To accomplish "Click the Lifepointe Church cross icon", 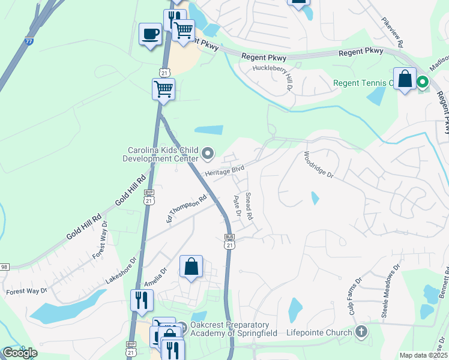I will [x=361, y=331].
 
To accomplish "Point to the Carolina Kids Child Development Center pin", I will [x=208, y=154].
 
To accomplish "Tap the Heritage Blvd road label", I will [x=225, y=172].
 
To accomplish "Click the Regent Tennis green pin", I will [x=423, y=83].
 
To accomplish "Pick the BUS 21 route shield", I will [x=228, y=238].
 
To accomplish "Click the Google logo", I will [x=20, y=353].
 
